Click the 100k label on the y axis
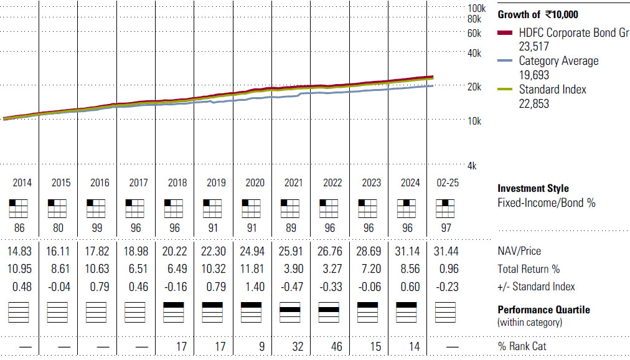[x=477, y=8]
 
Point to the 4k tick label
[x=472, y=166]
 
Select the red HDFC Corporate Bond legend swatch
[x=505, y=32]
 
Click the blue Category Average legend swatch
[x=505, y=60]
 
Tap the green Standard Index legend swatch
[x=505, y=89]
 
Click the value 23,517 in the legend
[x=534, y=47]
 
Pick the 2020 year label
[x=255, y=183]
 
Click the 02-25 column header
[x=448, y=183]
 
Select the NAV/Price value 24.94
[x=252, y=252]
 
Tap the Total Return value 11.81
[x=252, y=269]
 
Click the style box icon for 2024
[x=407, y=209]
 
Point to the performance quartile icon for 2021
[x=290, y=312]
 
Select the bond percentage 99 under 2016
[x=97, y=228]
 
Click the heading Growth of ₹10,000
[x=538, y=15]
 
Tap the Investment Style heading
[x=533, y=189]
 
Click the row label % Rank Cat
[x=522, y=346]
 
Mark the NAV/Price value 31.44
[x=446, y=252]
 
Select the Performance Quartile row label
[x=544, y=310]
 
